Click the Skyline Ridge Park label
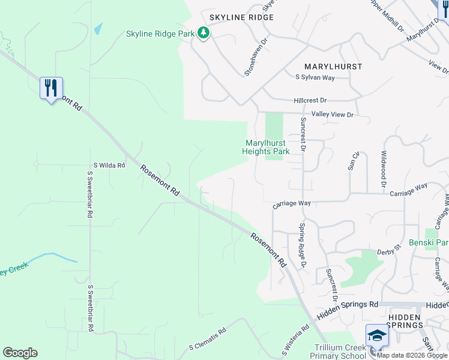(160, 34)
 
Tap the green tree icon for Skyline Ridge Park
(204, 33)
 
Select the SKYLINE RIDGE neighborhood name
(241, 17)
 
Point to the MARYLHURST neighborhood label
(333, 67)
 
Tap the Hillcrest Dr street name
(310, 100)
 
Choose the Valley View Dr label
(332, 114)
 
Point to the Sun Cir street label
(354, 161)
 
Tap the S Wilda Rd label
(109, 165)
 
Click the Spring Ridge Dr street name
(303, 245)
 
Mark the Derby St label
(389, 253)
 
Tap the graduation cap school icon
(377, 335)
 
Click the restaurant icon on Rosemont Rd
(51, 88)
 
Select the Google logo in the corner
(20, 353)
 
